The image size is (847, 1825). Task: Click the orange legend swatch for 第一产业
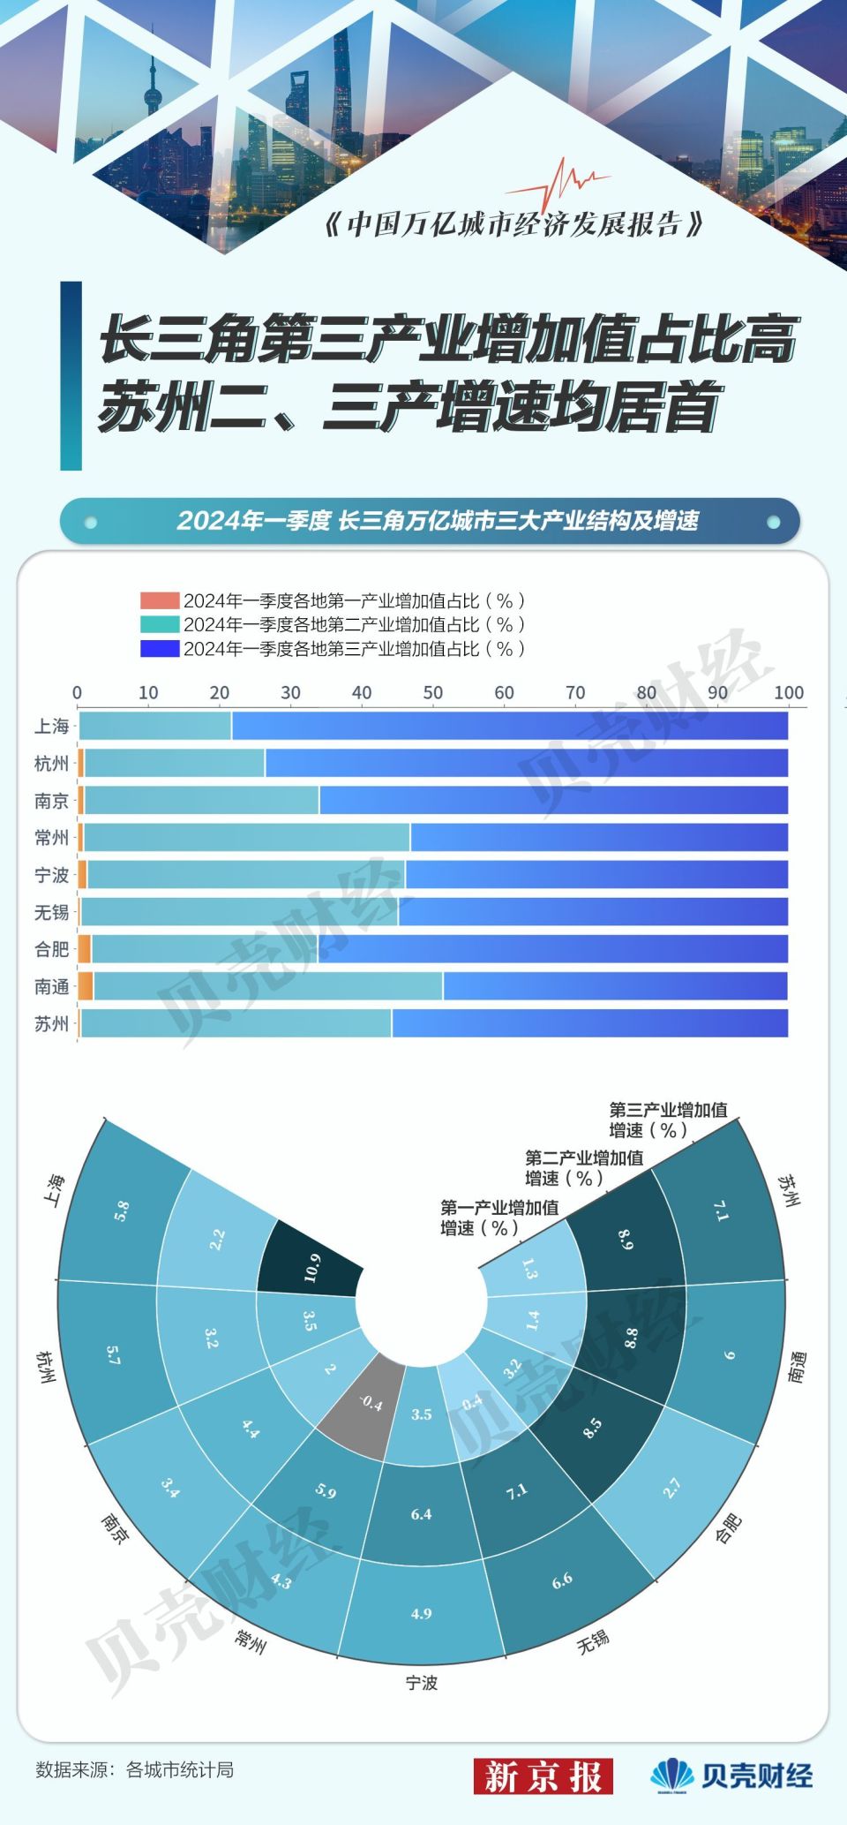coord(159,601)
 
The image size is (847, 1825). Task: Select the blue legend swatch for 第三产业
coord(159,649)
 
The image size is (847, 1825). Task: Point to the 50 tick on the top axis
coord(433,693)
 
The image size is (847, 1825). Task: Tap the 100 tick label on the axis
coord(789,693)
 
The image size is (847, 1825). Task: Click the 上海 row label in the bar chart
coord(51,727)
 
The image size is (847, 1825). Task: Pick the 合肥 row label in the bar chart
coord(51,949)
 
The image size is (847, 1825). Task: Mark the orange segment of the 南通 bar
coord(86,986)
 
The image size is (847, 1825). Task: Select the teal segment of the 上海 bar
coord(155,726)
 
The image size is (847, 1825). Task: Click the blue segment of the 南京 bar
coord(553,800)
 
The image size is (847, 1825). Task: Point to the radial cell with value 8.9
coord(625,1241)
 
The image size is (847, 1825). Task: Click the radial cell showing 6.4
coord(421,1514)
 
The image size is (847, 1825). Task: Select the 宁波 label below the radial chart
coord(421,1683)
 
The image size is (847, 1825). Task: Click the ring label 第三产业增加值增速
coord(668,1120)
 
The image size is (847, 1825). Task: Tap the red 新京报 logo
coord(543,1776)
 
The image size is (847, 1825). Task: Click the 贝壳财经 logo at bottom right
coord(732,1775)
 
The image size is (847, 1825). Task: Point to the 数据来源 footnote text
coord(134,1769)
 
